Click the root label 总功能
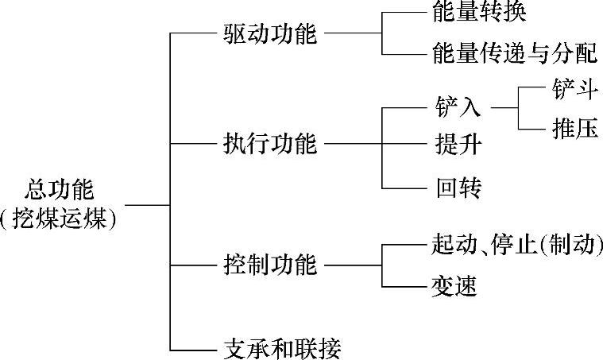coord(60,190)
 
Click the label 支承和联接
coord(282,347)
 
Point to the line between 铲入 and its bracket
coord(505,107)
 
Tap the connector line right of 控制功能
coord(354,265)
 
